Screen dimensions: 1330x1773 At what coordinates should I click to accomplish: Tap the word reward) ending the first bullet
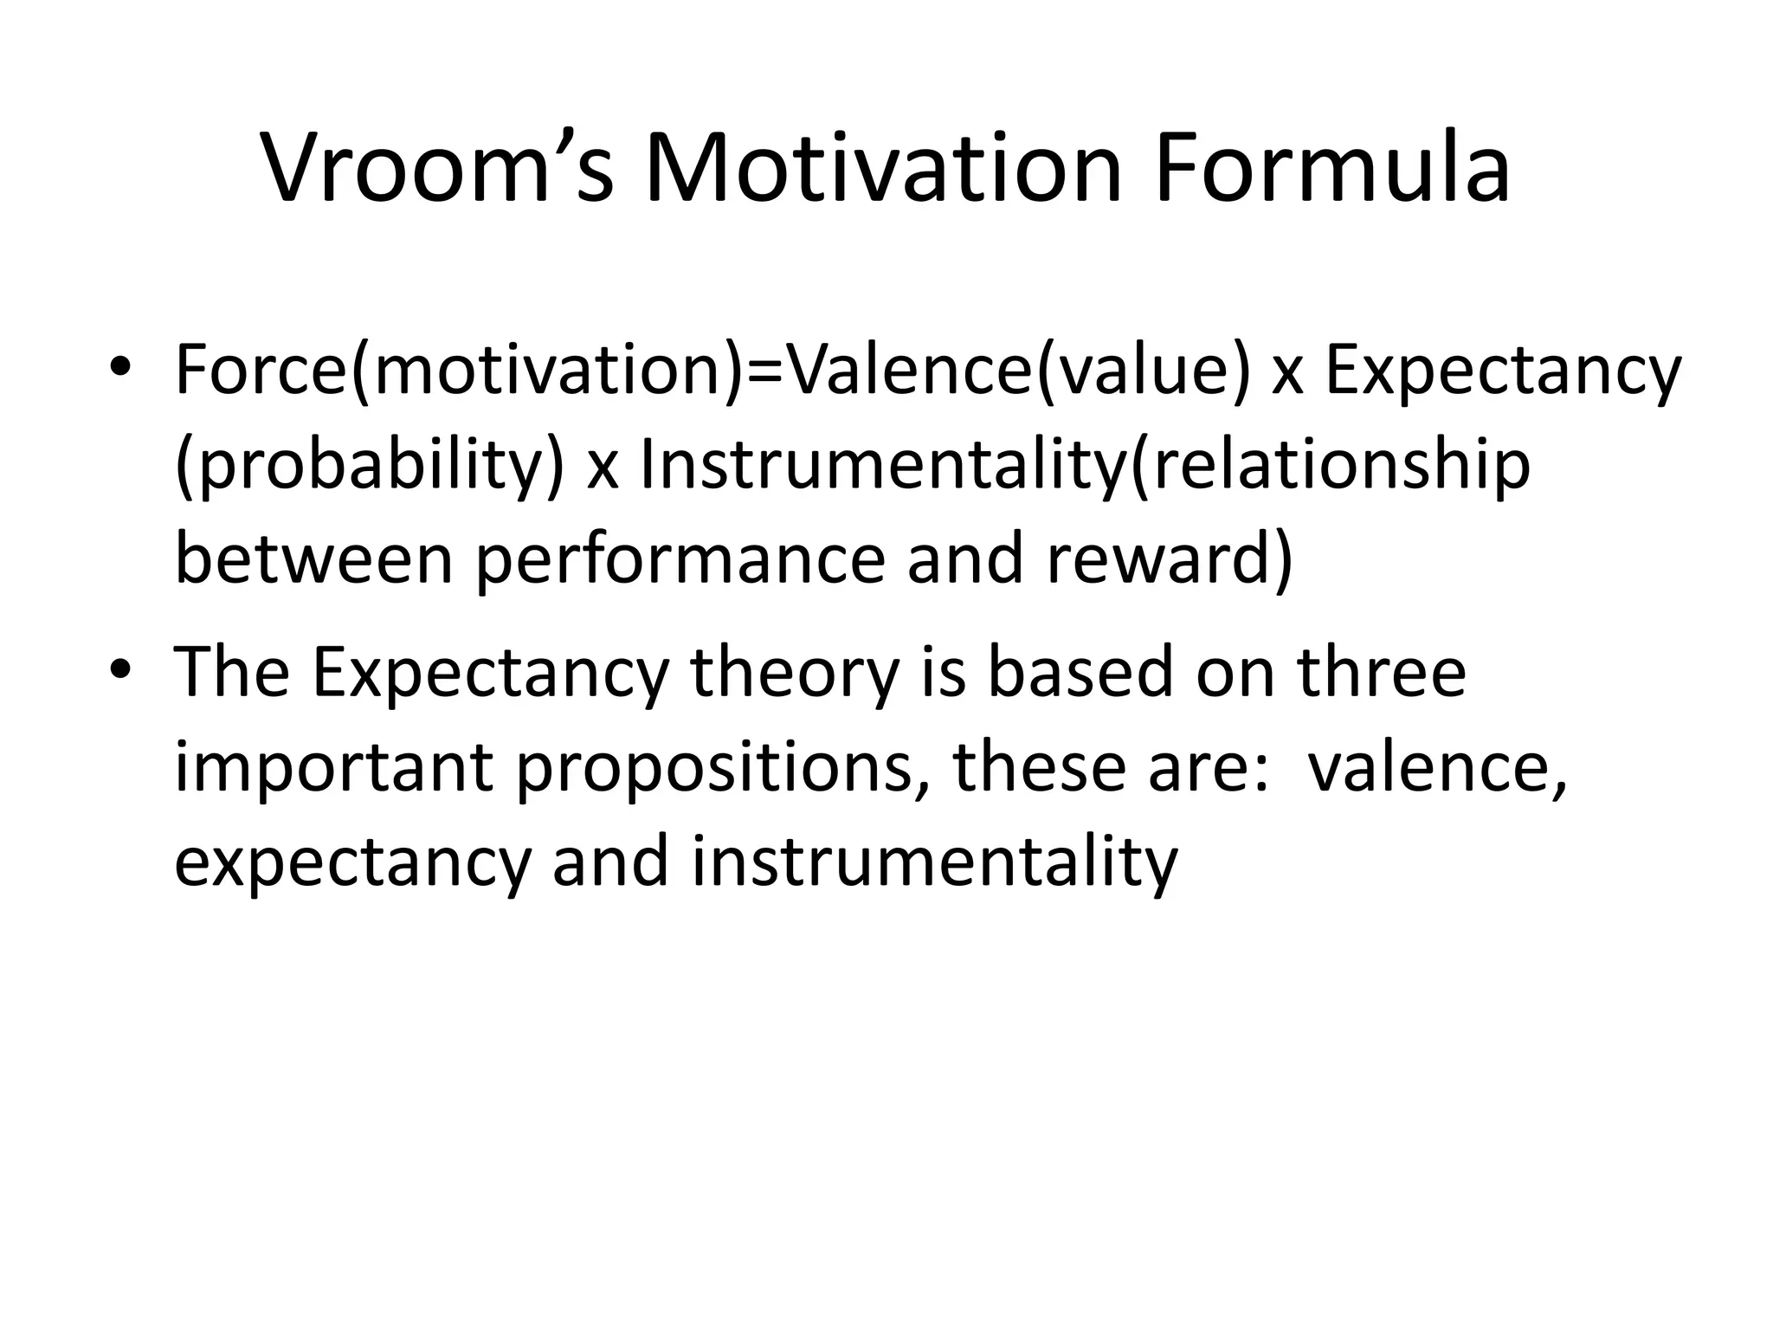click(x=1169, y=559)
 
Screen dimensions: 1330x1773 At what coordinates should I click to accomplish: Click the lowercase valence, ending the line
click(x=1437, y=767)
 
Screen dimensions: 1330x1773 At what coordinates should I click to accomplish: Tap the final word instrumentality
click(x=935, y=862)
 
